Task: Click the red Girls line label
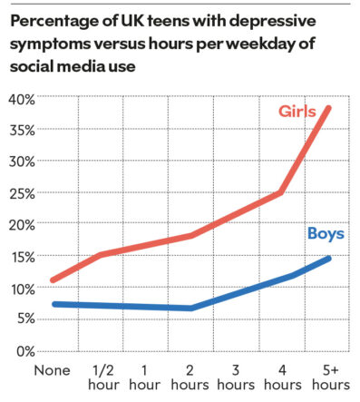pos(297,112)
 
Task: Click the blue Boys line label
pos(325,234)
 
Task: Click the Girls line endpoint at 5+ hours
pos(328,108)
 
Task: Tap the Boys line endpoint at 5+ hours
pos(328,259)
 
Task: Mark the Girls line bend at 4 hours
pos(282,192)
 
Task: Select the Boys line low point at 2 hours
pos(190,309)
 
